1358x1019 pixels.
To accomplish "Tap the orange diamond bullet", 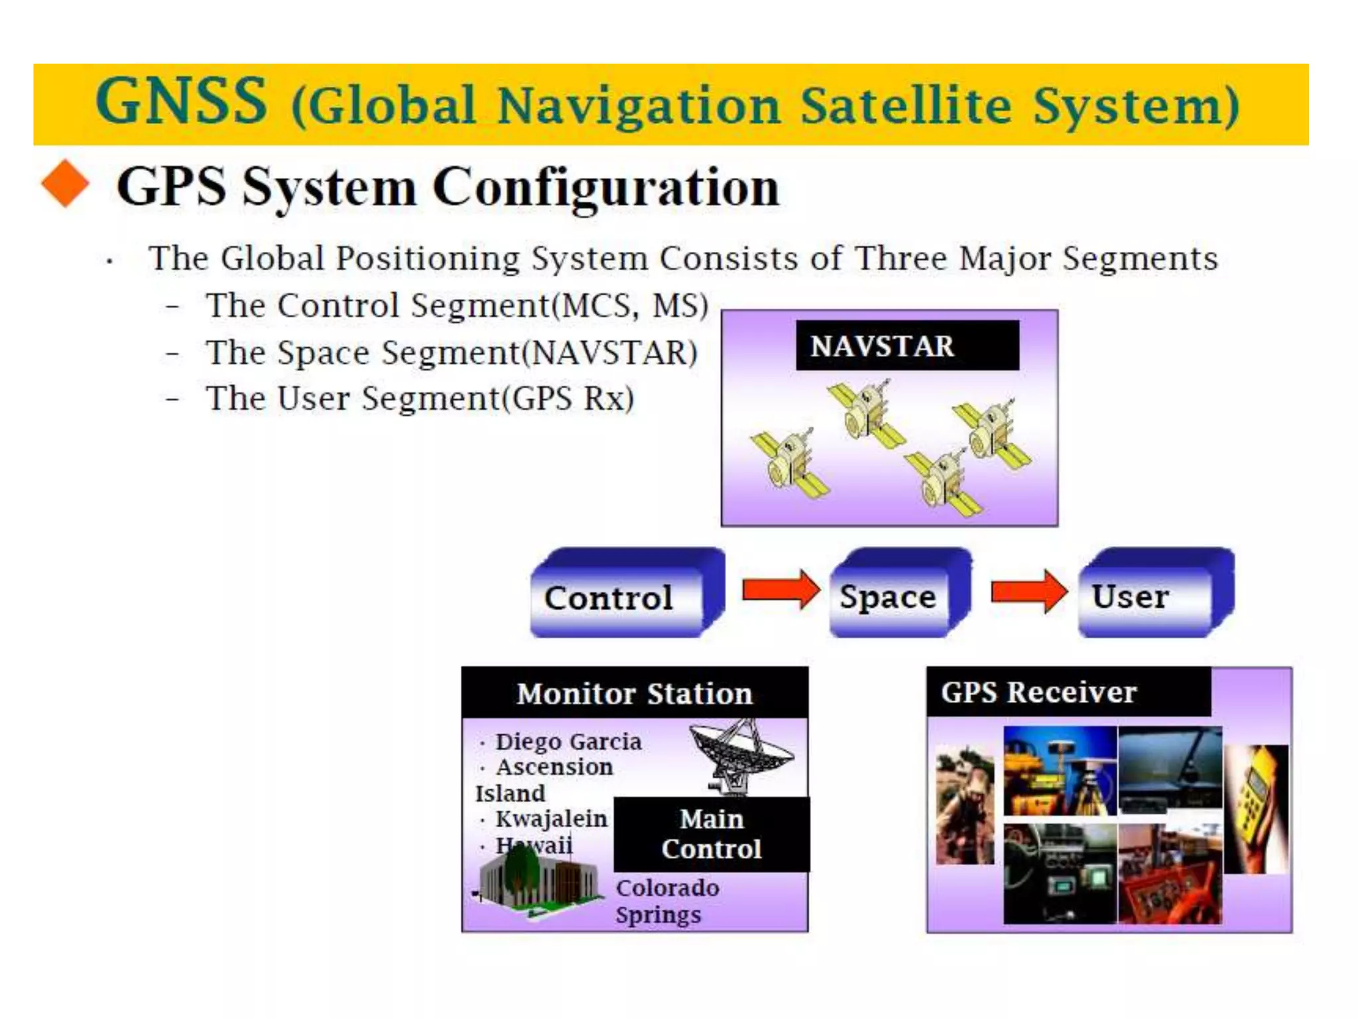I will [x=65, y=184].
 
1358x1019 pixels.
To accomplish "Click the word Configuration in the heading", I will [x=605, y=188].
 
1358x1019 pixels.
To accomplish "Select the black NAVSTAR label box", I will [x=906, y=346].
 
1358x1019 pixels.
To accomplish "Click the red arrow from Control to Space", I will [x=780, y=589].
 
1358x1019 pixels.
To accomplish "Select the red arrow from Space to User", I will [x=1028, y=590].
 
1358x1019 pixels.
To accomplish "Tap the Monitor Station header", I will [x=635, y=693].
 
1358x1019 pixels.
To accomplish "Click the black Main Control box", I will [x=711, y=834].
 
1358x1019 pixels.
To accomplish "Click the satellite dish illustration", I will [x=741, y=756].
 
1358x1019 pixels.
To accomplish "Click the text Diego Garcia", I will [x=568, y=741].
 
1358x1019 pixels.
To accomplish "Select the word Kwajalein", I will [x=551, y=819].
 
